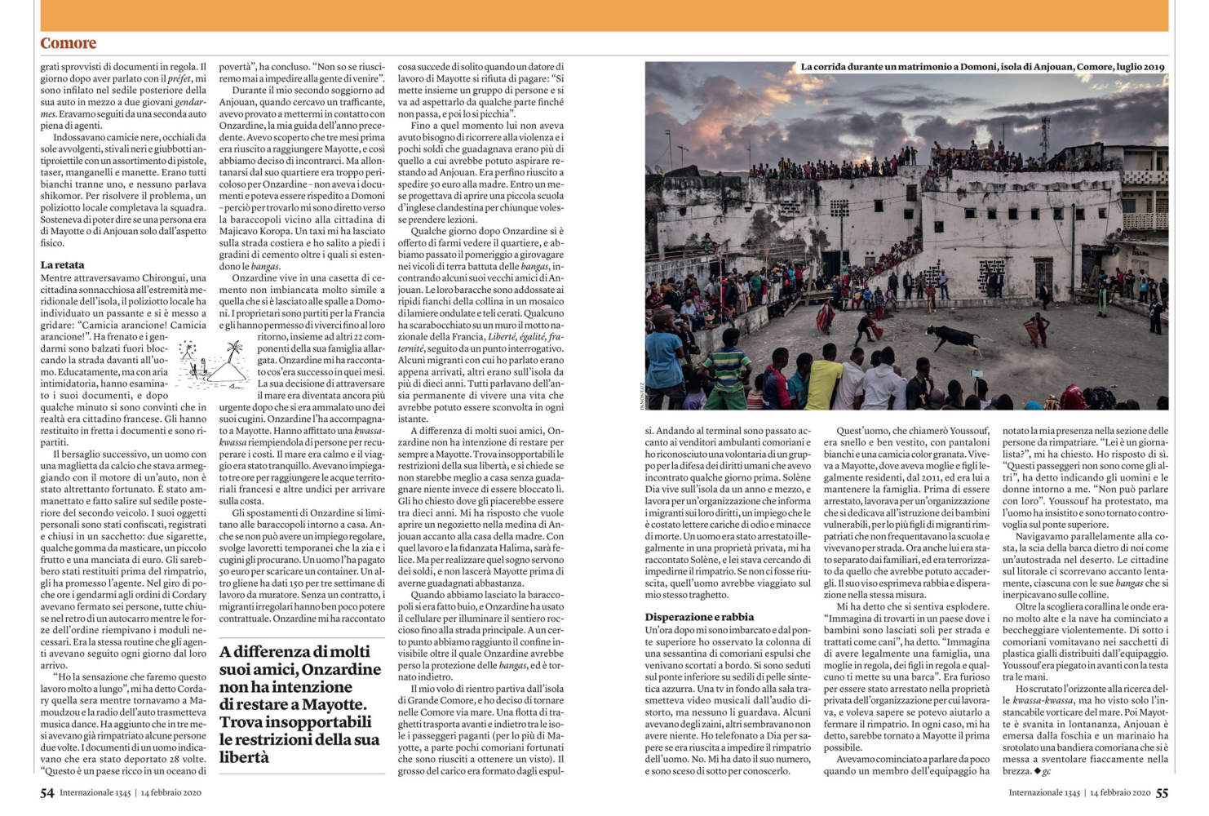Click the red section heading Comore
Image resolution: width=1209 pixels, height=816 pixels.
point(69,43)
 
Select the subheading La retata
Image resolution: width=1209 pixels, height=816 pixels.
point(62,265)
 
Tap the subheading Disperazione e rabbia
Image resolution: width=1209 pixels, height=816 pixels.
point(699,617)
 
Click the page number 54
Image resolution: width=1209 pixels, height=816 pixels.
point(47,792)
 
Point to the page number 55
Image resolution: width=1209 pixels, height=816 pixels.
point(1162,792)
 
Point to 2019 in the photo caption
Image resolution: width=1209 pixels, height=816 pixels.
point(1152,68)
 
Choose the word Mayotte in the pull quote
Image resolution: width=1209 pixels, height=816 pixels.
point(334,704)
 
